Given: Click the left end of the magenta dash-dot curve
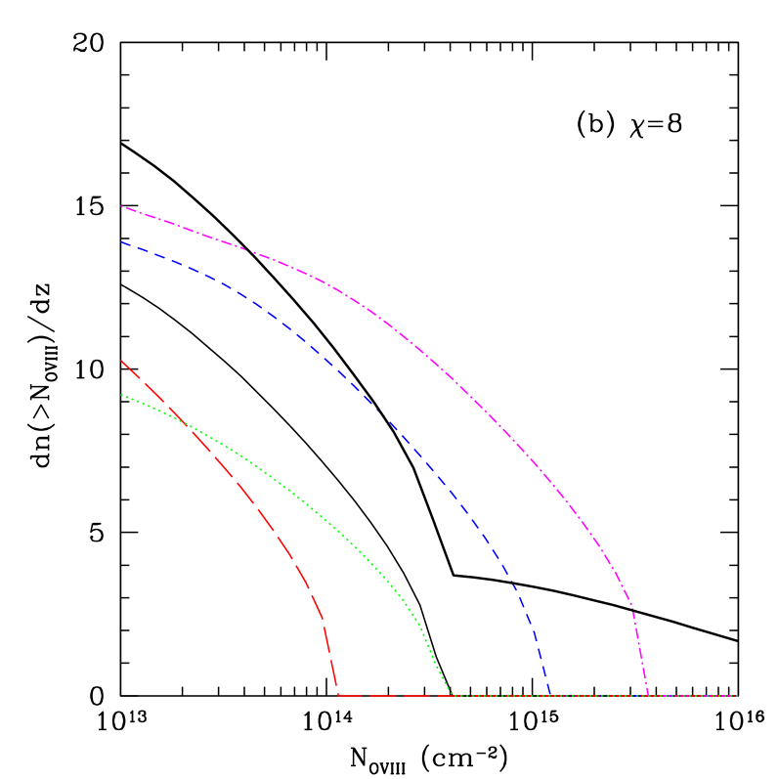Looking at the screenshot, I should tap(121, 206).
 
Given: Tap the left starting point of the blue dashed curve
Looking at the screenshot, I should tap(121, 242).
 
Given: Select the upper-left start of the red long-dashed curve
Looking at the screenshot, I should tap(121, 361).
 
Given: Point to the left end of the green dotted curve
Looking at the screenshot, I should tap(121, 395).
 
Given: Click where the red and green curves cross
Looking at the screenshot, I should tap(183, 421).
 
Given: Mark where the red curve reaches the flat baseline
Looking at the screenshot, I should tap(338, 696).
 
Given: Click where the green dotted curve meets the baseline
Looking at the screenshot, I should tap(451, 696).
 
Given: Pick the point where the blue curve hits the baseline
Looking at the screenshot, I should tap(550, 696).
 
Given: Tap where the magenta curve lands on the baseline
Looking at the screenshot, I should tap(648, 696).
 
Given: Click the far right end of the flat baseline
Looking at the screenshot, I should tap(737, 696).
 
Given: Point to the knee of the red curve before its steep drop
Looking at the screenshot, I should tap(323, 619).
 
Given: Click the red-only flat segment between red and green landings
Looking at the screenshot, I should tap(394, 696).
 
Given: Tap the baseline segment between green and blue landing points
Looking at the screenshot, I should tap(500, 696).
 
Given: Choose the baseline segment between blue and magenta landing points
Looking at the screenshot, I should tap(599, 696).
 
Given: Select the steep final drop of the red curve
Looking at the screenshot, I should tap(330, 658).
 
